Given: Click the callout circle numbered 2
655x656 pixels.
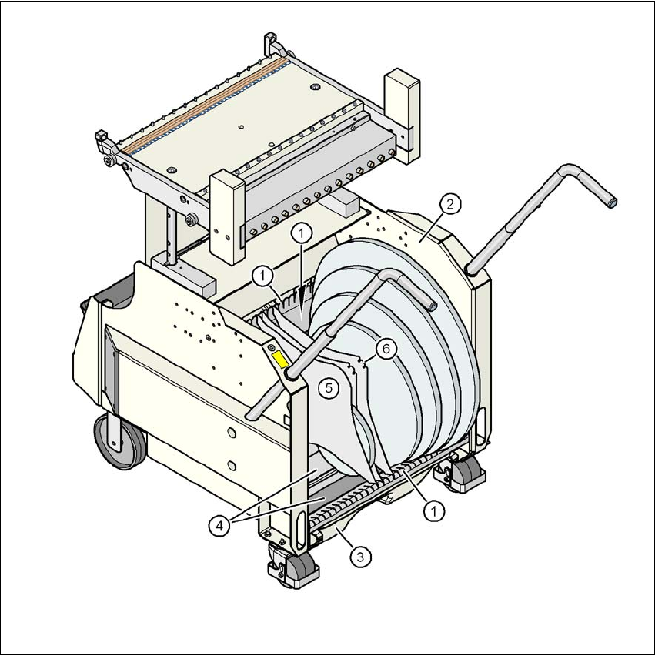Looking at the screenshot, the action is (x=449, y=204).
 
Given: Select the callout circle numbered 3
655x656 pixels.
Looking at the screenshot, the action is (x=360, y=557).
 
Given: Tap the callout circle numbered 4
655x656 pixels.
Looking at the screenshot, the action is (x=219, y=526).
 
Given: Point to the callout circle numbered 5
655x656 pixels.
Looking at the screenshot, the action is (x=329, y=388).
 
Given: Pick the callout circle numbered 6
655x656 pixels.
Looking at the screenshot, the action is (x=386, y=349).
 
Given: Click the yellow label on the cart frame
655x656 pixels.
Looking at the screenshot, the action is (x=280, y=360).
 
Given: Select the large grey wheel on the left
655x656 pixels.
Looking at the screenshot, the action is (x=120, y=442).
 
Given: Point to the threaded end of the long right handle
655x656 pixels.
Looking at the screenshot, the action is (x=611, y=203).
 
